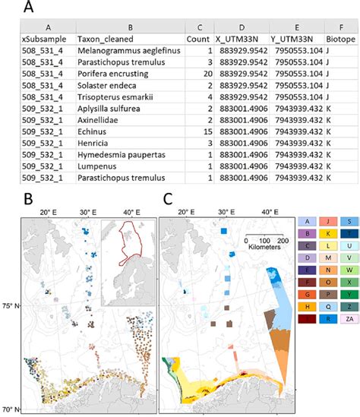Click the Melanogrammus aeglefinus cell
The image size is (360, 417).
pos(129,51)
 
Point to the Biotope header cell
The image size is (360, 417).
pos(341,39)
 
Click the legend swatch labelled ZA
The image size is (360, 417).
pos(349,318)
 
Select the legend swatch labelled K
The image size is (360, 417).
pos(328,234)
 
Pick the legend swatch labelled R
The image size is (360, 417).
pos(328,318)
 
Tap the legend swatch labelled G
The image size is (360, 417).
pos(307,295)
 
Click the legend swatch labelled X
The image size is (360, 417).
pos(349,282)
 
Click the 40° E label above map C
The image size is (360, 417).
pos(270,212)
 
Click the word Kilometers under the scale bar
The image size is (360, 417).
pos(264,247)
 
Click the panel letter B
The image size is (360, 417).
pos(28,199)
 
